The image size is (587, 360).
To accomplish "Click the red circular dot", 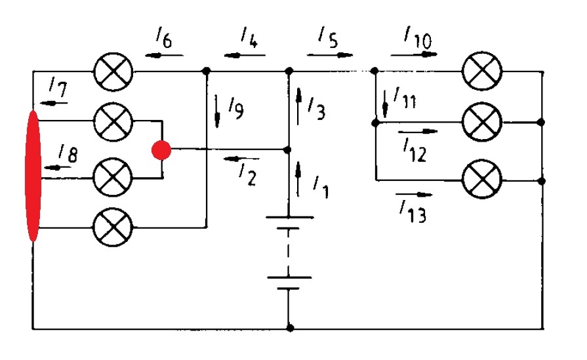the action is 161,150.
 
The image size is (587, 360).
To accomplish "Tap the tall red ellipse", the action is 33,176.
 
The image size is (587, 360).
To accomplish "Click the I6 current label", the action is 165,38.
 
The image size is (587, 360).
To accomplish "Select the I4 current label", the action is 249,37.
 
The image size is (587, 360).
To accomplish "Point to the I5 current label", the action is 328,37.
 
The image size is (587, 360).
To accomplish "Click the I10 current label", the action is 418,37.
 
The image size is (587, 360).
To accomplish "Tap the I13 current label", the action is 413,211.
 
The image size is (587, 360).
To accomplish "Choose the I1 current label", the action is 321,187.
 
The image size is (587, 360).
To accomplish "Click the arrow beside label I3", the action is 298,106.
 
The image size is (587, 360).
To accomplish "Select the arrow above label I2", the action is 241,159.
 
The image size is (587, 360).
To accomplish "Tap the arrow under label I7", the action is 54,103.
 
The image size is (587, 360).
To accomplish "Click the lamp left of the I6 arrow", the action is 113,71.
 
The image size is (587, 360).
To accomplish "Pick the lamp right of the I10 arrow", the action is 482,71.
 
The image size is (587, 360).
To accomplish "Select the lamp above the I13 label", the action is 482,179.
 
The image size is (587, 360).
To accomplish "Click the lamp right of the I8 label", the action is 113,177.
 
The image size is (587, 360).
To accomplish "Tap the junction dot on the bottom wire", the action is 290,328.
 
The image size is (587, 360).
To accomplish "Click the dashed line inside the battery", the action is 289,252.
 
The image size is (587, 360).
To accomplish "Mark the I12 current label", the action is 415,150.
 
